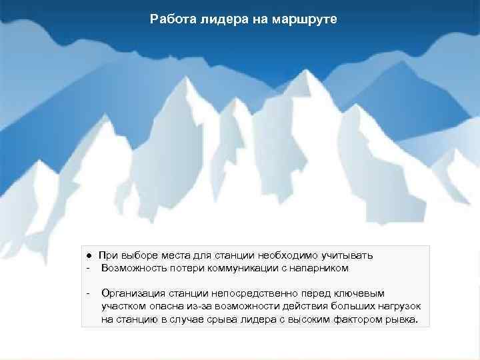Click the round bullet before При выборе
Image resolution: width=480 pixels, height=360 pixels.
88,256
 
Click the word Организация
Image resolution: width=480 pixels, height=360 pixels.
131,293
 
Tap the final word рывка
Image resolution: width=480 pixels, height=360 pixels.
400,319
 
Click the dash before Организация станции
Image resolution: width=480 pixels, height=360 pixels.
87,293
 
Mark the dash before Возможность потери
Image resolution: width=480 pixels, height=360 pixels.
87,268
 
